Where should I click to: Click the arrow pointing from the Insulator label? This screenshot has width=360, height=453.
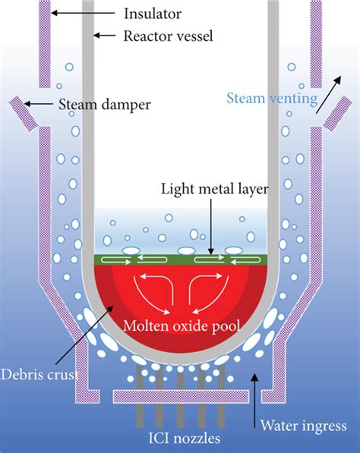coord(84,12)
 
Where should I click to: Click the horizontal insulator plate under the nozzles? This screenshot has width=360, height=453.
coord(179,396)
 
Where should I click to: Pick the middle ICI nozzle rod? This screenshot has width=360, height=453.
coord(179,379)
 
